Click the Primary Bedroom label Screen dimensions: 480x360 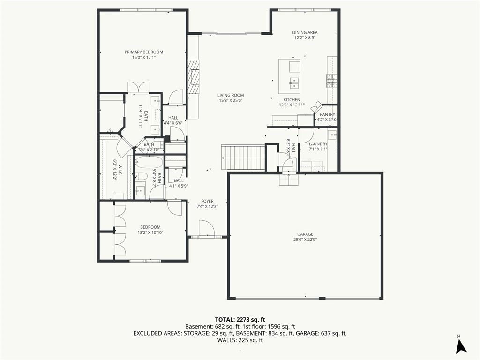tap(143, 52)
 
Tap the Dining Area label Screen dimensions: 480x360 tap(305, 32)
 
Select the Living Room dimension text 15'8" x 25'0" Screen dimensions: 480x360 tap(231, 100)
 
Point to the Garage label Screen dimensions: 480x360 tap(305, 234)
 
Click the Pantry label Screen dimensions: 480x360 tap(327, 114)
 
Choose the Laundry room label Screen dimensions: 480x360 tap(318, 144)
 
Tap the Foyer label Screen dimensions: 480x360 tap(207, 201)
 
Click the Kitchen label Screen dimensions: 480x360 tap(292, 99)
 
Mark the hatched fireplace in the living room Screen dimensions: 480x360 tap(193, 77)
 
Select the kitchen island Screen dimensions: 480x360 tap(289, 76)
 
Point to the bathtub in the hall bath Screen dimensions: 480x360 tap(149, 162)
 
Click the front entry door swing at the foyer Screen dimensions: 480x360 tap(206, 228)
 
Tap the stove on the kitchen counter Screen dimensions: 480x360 tap(332, 81)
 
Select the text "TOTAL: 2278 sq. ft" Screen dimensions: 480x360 tap(240, 320)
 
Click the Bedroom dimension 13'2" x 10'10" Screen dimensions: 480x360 tap(150, 232)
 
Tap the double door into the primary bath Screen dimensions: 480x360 tap(138, 87)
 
